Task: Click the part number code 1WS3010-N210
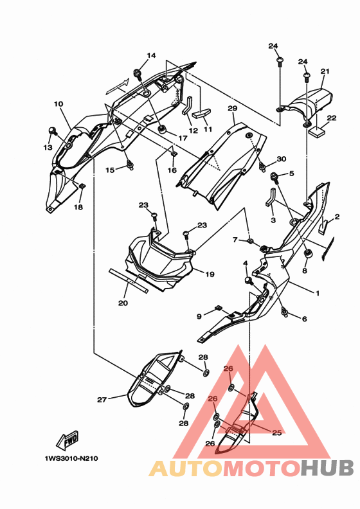[71, 459]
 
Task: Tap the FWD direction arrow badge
[67, 440]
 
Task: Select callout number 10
[59, 104]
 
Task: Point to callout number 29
[233, 108]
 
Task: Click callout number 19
[210, 274]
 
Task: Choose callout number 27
[102, 400]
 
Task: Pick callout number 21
[325, 71]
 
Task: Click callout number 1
[318, 293]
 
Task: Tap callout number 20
[123, 303]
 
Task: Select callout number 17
[183, 138]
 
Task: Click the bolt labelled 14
[138, 75]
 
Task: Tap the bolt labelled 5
[275, 177]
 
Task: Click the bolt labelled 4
[249, 280]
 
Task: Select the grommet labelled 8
[307, 253]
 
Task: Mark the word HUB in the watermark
[327, 468]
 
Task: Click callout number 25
[276, 433]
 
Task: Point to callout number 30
[282, 159]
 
